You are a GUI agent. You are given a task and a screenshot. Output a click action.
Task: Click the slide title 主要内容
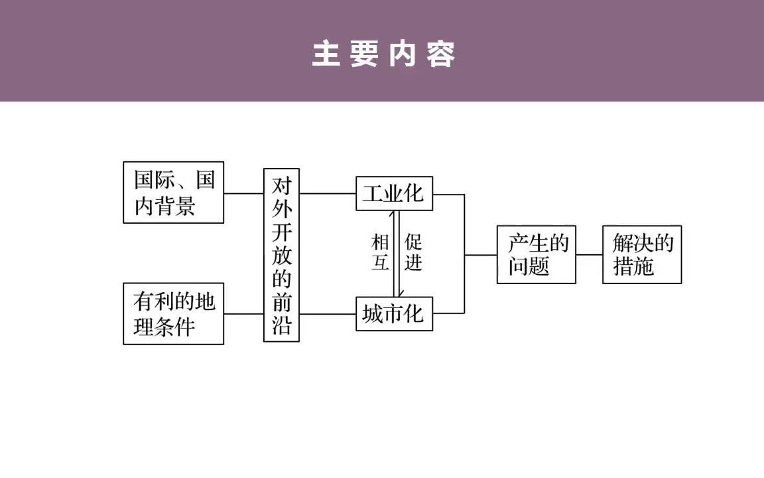click(383, 54)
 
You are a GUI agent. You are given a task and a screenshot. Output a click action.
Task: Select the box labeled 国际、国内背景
click(174, 193)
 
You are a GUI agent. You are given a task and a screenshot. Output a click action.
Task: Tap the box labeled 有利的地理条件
click(174, 313)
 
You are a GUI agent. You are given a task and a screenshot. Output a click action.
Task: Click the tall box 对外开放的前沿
click(281, 255)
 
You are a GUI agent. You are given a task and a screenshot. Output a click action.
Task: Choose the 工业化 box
click(394, 193)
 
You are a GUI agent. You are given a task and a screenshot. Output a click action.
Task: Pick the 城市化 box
click(394, 313)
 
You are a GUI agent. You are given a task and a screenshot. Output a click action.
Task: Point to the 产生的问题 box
click(537, 255)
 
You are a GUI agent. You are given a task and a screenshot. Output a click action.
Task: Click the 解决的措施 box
click(642, 255)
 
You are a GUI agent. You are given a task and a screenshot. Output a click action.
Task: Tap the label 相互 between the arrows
click(380, 252)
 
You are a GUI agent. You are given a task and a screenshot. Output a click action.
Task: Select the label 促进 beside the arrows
click(413, 252)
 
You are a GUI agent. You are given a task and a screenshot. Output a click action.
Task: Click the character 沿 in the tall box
click(281, 325)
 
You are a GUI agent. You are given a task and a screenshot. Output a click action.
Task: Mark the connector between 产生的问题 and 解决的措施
click(589, 254)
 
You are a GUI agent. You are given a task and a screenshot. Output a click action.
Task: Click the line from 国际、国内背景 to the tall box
click(243, 193)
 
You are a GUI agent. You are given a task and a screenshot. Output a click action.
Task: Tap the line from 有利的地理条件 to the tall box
click(243, 313)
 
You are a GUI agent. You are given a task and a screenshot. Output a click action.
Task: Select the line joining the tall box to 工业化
click(327, 193)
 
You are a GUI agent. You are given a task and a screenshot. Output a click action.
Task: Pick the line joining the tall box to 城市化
click(327, 313)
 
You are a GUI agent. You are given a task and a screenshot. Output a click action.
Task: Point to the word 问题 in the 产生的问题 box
click(529, 266)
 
